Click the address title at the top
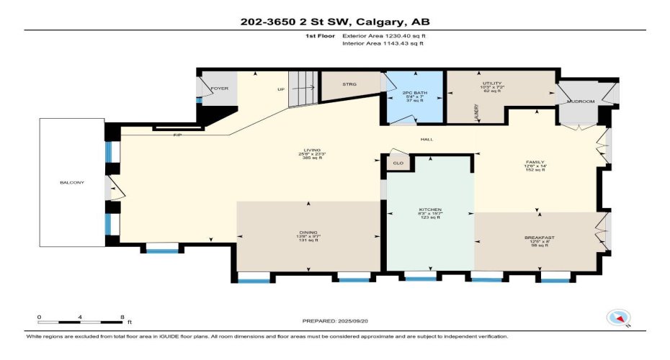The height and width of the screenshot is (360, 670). [335, 22]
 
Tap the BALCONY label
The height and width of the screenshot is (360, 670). [72, 182]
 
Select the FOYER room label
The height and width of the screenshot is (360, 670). [219, 89]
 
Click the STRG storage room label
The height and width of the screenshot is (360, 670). [350, 84]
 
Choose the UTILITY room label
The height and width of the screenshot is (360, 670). [492, 84]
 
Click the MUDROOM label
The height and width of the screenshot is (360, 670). [581, 102]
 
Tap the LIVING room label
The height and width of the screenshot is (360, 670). [311, 150]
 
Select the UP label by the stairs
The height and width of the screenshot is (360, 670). [281, 90]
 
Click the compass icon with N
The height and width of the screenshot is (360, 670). [619, 318]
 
